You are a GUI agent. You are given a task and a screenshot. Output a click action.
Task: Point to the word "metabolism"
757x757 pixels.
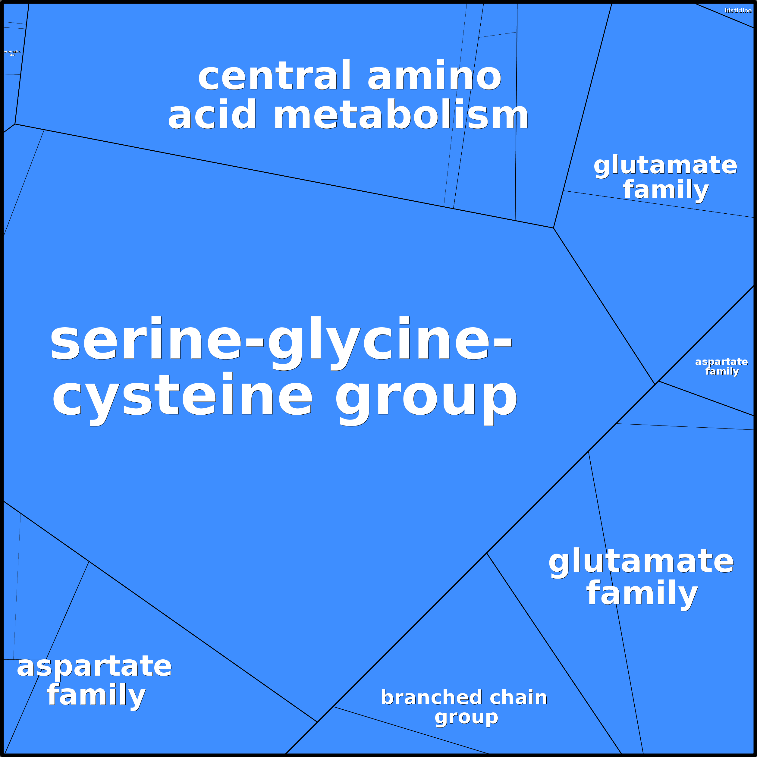click(400, 115)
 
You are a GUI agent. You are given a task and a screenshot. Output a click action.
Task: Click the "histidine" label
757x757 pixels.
click(738, 11)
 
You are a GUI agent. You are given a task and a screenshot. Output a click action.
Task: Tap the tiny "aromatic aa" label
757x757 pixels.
click(12, 53)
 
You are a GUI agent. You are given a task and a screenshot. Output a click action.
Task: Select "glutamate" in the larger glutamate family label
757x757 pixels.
click(641, 561)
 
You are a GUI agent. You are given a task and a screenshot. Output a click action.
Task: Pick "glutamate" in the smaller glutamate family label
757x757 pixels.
click(665, 165)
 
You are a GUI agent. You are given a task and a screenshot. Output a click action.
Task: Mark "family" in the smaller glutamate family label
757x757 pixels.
click(666, 190)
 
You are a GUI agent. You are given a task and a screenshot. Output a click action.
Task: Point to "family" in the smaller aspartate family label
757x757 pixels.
click(722, 371)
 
